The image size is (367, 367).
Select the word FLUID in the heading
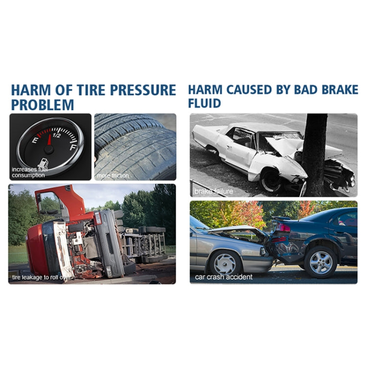205,104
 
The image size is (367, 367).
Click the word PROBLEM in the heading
43,105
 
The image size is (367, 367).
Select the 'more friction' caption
113,176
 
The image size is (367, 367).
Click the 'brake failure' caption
213,191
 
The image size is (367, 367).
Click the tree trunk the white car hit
314,152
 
